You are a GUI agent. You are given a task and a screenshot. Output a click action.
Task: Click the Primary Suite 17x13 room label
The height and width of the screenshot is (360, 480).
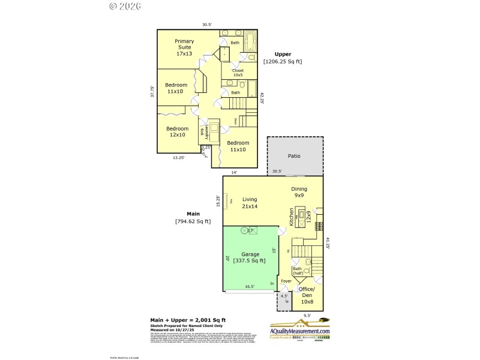(x=184, y=47)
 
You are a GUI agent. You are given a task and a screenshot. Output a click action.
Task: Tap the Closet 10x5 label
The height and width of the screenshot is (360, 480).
(x=238, y=73)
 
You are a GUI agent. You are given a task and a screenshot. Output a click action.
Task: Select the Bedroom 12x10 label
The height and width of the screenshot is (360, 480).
(x=177, y=132)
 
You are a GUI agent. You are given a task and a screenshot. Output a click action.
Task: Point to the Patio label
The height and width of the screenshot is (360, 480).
(x=294, y=156)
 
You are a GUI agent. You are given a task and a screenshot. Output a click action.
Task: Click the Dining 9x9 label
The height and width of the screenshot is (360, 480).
(x=299, y=192)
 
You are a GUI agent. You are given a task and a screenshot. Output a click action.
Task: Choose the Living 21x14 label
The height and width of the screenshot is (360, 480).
(x=250, y=203)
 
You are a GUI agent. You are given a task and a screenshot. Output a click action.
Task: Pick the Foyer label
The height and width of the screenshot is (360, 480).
(x=286, y=281)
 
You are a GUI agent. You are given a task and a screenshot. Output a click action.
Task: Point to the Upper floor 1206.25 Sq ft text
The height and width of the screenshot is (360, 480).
(x=283, y=58)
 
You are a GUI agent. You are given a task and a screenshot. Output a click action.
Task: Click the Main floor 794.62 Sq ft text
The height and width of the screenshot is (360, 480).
(x=193, y=217)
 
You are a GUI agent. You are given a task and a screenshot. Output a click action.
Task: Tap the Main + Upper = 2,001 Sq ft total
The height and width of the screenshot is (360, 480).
(x=187, y=320)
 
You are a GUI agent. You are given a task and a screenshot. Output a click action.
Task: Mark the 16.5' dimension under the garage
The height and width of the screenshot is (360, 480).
(x=250, y=287)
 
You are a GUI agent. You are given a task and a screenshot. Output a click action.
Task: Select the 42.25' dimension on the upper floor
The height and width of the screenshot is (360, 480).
(x=262, y=98)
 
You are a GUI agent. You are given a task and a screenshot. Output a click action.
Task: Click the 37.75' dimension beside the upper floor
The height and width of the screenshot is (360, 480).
(x=152, y=91)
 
